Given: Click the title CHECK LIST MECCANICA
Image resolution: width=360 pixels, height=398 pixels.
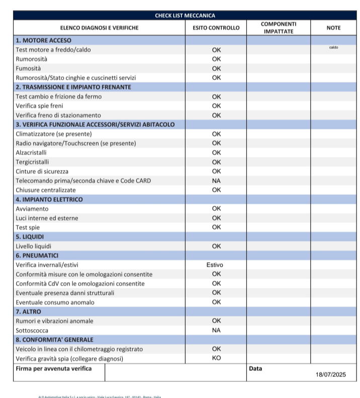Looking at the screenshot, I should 185,16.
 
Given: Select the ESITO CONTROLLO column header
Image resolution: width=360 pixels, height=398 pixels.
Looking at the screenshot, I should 216,28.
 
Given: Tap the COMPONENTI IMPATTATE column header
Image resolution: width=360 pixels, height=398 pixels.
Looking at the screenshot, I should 279,28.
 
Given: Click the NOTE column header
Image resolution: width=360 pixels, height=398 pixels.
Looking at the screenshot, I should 333,28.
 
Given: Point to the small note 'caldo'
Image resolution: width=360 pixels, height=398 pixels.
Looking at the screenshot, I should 333,48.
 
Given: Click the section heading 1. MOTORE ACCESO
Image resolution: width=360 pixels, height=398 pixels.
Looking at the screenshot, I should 44,40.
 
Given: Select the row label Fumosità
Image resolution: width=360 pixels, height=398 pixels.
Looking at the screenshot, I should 29,68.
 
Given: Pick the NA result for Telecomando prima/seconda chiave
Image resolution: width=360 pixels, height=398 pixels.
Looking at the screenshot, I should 216,181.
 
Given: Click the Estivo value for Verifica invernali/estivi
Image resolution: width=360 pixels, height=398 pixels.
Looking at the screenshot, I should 215,265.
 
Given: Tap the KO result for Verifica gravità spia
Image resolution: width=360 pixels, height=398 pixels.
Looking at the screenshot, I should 216,358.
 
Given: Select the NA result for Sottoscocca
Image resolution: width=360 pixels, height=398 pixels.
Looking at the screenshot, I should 216,330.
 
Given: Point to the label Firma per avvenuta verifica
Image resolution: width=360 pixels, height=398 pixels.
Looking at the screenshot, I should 54,368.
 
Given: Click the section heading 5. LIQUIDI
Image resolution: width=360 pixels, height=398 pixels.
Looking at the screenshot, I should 30,237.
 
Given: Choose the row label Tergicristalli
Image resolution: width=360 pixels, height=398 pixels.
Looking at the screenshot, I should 33,162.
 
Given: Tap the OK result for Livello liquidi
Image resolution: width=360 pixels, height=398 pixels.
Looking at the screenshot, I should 216,246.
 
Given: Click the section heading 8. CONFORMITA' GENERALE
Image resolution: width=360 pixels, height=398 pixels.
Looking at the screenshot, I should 55,340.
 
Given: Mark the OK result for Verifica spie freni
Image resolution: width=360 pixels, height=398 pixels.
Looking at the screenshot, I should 216,106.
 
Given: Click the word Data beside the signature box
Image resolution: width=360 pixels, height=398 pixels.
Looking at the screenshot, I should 255,368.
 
